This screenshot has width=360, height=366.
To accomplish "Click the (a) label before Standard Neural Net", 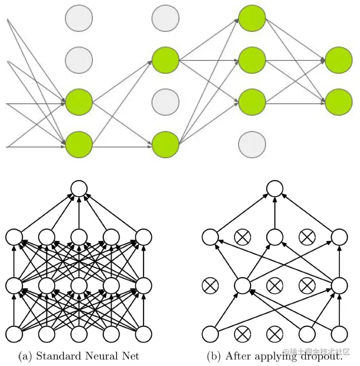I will [x=25, y=356].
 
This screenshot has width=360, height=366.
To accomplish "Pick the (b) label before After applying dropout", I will [x=213, y=356].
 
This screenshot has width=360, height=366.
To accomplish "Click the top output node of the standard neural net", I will [x=79, y=188].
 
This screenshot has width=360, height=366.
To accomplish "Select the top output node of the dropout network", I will [x=273, y=188].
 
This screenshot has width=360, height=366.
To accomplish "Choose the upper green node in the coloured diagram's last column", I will [x=339, y=59].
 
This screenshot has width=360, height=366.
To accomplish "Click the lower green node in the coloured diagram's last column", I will [x=339, y=102].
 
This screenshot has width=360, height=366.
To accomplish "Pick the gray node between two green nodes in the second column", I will [x=165, y=102].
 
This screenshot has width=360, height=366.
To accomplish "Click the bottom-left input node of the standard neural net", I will [x=14, y=335].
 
